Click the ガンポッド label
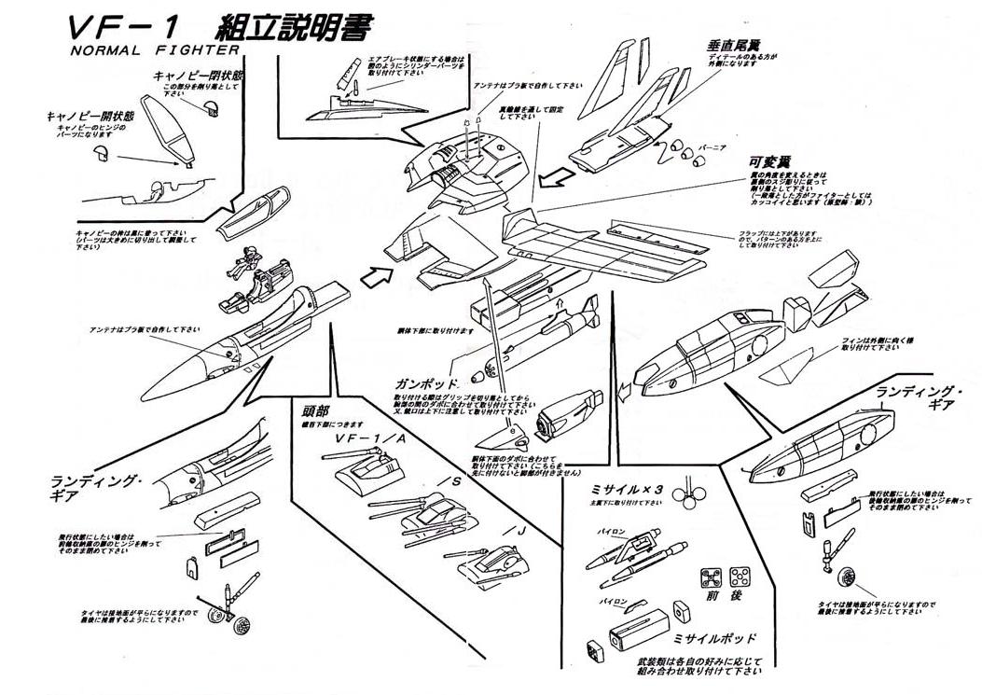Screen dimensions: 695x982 pos(426,383)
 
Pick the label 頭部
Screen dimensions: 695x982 pos(314,411)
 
